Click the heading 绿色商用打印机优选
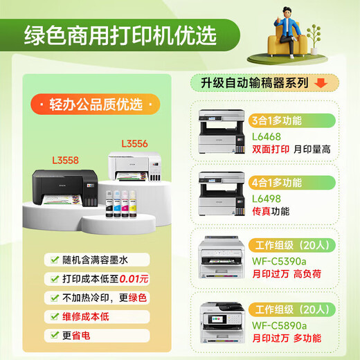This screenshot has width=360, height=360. click(120, 34)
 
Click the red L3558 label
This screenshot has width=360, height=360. click(65, 160)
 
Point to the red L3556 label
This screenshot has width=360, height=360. click(135, 144)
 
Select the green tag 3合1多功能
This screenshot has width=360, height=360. click(278, 120)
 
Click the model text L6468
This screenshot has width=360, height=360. click(267, 135)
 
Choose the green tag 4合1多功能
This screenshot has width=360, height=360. click(278, 183)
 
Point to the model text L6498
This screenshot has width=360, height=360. click(267, 198)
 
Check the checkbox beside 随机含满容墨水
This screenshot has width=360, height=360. click(54, 261)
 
